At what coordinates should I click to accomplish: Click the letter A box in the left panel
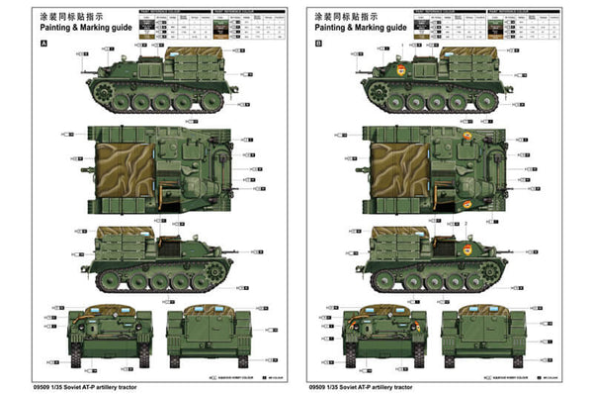tap(42, 44)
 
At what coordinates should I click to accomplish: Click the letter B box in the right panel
tap(317, 44)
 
